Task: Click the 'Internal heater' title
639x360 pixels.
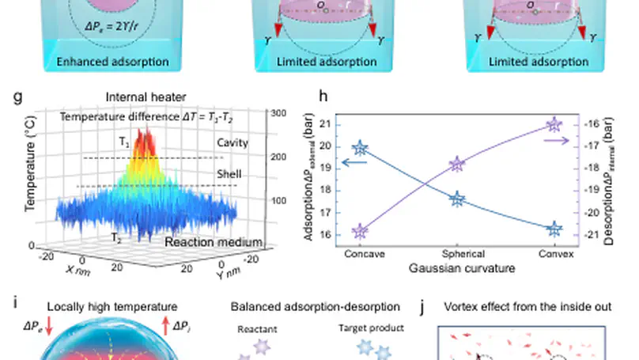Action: pos(139,97)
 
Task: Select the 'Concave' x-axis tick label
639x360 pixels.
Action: pos(364,256)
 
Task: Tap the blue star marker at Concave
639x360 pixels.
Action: pos(360,148)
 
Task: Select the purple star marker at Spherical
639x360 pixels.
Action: pos(456,165)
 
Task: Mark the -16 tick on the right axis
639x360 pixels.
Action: pos(592,124)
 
